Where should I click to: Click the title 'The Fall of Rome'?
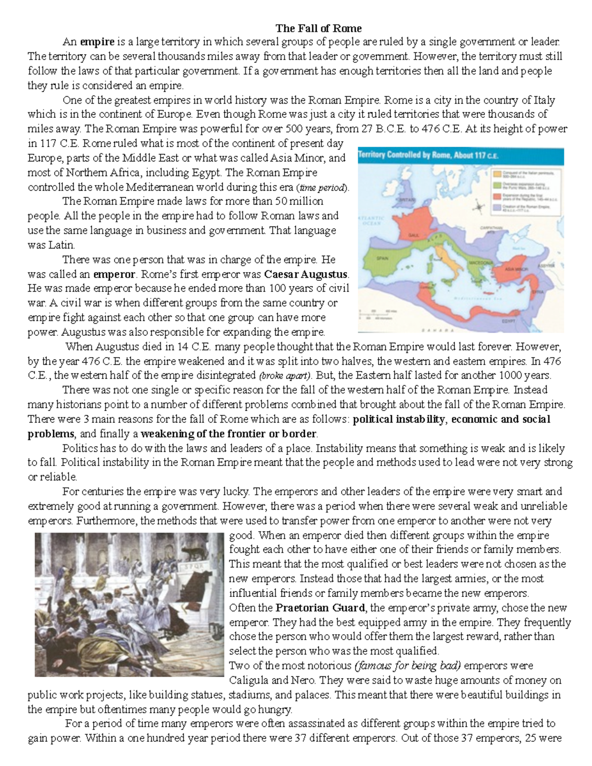318,28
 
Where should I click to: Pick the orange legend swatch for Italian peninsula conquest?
496,174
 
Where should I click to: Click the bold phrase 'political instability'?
399,419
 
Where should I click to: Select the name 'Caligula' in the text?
249,680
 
